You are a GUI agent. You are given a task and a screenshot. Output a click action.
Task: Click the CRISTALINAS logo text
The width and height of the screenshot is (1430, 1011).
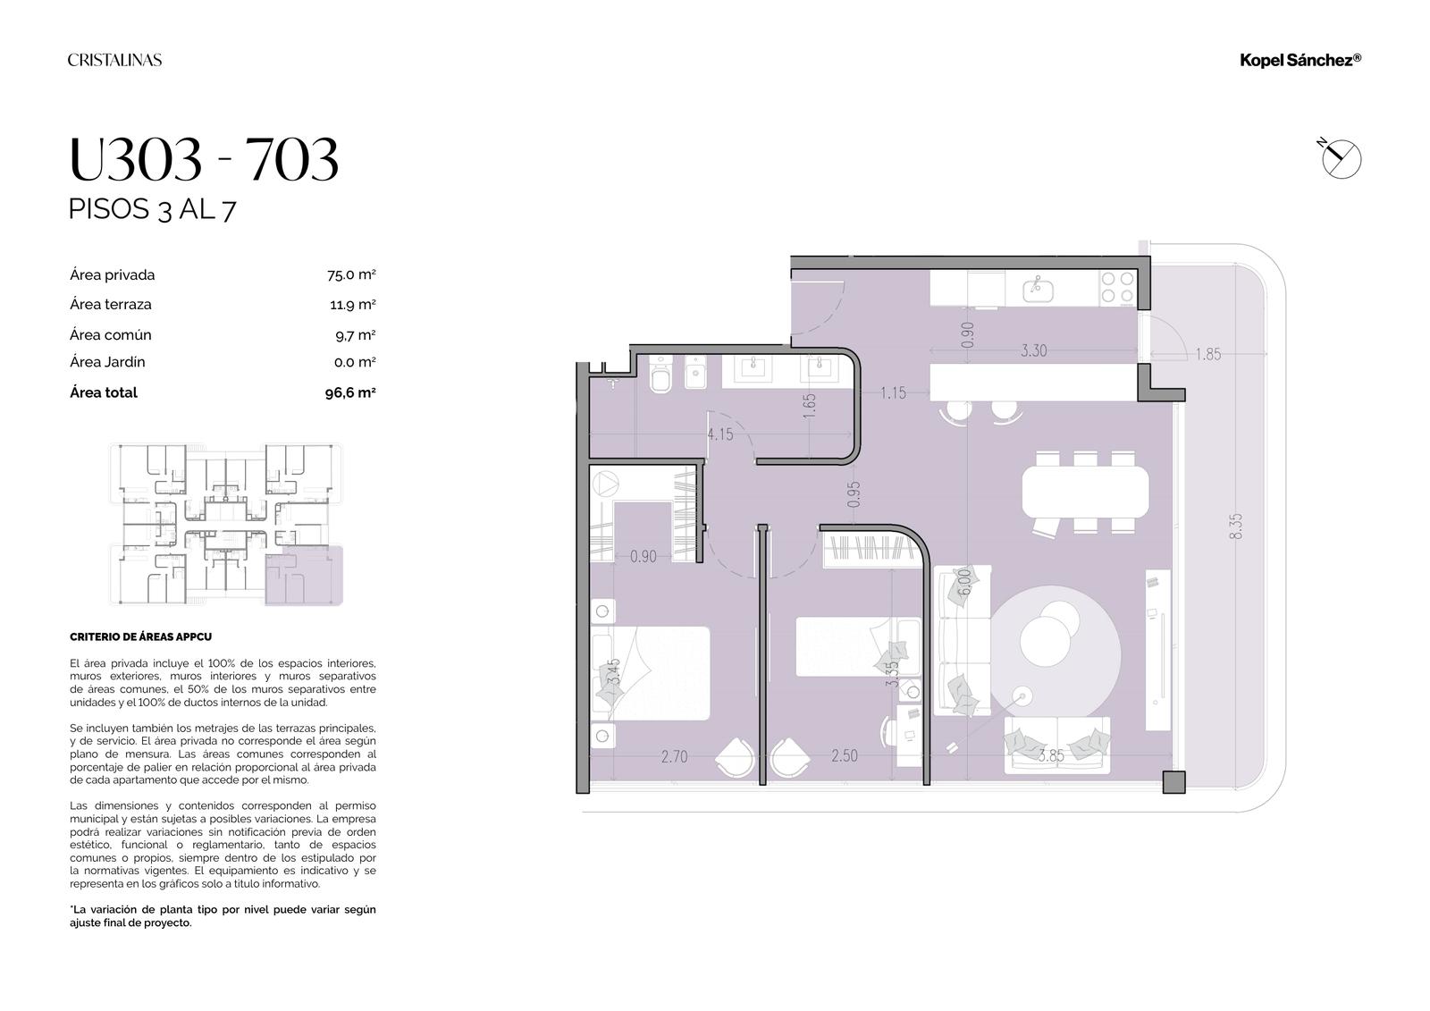(115, 60)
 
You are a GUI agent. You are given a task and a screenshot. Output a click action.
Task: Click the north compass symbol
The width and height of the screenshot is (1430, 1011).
(1341, 157)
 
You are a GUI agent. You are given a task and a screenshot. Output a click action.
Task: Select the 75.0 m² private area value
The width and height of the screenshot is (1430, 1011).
(351, 274)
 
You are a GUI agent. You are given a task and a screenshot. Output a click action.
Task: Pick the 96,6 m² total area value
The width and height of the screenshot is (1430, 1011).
(350, 392)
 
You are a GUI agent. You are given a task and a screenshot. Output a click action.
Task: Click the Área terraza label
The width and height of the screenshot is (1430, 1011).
(111, 305)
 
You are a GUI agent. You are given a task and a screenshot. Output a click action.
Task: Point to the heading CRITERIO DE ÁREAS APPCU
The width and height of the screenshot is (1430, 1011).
(140, 636)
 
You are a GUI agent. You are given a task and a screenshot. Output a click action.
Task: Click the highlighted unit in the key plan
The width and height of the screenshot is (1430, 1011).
(304, 576)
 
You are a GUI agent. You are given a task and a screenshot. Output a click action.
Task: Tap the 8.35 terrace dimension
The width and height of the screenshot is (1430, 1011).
(1235, 527)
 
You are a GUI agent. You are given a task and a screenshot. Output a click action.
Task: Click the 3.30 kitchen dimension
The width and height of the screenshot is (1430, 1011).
(1033, 350)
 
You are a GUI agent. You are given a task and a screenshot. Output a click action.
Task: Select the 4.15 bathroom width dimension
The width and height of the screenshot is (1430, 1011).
(720, 434)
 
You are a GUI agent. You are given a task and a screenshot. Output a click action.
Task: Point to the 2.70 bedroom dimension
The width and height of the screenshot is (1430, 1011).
(674, 757)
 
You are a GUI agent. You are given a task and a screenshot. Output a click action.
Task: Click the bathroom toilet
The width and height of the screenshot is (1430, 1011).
(660, 375)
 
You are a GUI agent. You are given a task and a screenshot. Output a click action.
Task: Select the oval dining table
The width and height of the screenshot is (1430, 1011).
(1085, 492)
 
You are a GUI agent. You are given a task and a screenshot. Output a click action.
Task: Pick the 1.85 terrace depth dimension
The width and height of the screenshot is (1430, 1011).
(1207, 355)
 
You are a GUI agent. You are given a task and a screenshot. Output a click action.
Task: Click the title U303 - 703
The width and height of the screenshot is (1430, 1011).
(204, 159)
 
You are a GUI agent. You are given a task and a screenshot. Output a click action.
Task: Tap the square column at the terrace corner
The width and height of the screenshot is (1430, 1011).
(1173, 782)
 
